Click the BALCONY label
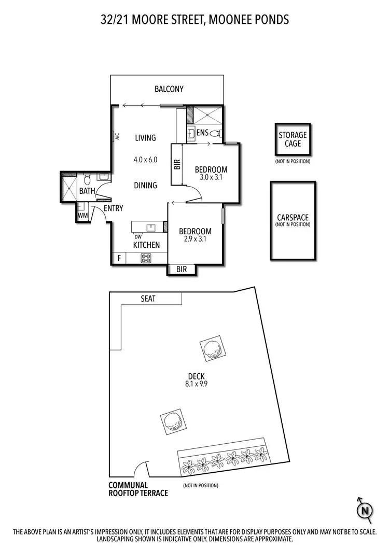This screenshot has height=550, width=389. [169, 89]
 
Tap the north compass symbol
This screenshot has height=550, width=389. [366, 511]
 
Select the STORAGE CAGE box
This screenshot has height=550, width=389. [293, 139]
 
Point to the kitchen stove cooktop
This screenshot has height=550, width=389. [146, 257]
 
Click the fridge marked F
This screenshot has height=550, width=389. [119, 258]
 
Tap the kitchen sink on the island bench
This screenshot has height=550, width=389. [151, 227]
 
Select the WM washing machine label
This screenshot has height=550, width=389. [82, 215]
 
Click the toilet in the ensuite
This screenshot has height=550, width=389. [216, 133]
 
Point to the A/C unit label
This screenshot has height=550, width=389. [118, 137]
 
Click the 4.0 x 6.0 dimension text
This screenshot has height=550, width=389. [145, 160]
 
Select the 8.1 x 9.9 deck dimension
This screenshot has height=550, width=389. [197, 385]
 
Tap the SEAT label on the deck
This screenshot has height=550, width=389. [148, 299]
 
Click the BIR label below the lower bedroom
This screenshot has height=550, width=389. [182, 270]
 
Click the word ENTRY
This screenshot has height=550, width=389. [114, 208]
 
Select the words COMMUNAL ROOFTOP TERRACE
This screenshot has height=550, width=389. [138, 489]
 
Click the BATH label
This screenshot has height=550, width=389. [87, 191]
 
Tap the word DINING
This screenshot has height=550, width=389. [146, 185]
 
